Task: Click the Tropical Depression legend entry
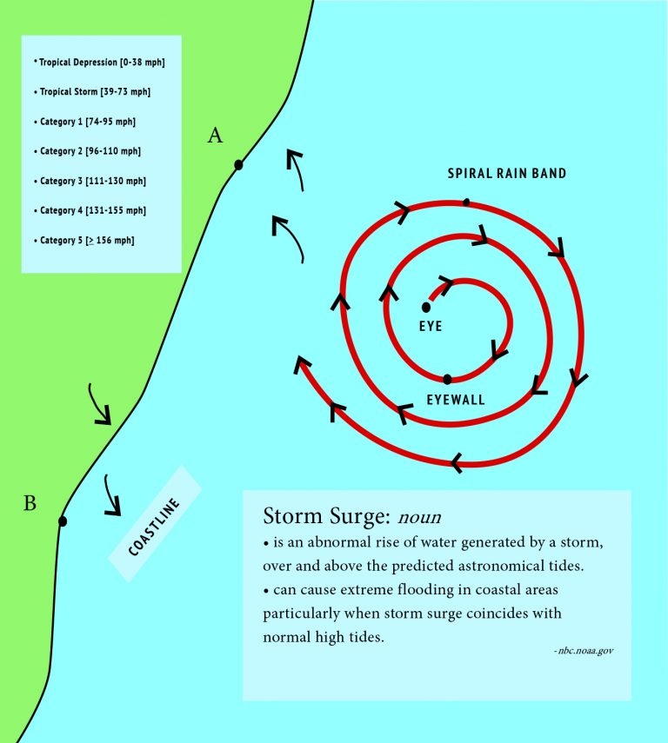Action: [x=99, y=63]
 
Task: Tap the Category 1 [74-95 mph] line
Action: [x=87, y=122]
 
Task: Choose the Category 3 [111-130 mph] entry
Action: [x=92, y=181]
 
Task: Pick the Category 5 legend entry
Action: [x=87, y=240]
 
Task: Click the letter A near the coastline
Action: [x=215, y=136]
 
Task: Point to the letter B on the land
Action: [x=30, y=502]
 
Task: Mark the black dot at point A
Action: [x=238, y=164]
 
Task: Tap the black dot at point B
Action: [x=62, y=521]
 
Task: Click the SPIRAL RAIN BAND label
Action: [x=507, y=174]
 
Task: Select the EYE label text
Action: [x=431, y=326]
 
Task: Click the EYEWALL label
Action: [x=456, y=401]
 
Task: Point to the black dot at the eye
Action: [x=426, y=307]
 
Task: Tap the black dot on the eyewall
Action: [x=447, y=379]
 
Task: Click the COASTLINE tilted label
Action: [x=155, y=526]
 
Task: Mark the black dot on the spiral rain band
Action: [x=466, y=202]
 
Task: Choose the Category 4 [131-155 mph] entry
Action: [x=92, y=210]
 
